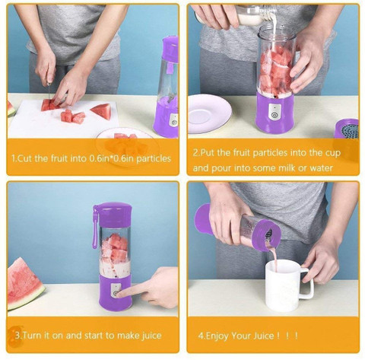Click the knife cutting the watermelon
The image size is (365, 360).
[x=49, y=92]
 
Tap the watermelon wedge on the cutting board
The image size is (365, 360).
[x=102, y=110]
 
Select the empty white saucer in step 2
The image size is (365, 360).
[x=209, y=113]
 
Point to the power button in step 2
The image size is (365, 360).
[x=274, y=116]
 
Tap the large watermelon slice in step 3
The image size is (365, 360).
[x=24, y=283]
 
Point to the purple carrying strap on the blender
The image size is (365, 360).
[x=96, y=227]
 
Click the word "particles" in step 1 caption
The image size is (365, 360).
[x=154, y=158]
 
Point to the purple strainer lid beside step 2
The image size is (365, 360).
[x=348, y=129]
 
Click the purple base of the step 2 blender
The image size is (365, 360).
[x=275, y=113]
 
